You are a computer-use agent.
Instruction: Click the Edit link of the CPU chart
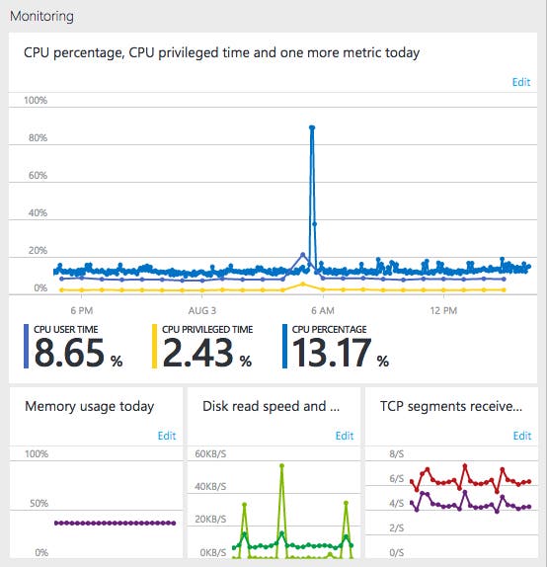pos(520,82)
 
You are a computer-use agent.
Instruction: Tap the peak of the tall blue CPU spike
pos(312,127)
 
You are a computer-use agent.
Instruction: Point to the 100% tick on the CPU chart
pos(36,101)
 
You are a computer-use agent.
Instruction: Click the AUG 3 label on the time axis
pos(201,310)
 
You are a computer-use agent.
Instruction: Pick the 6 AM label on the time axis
pos(323,310)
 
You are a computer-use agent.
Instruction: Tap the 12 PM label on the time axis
pos(444,310)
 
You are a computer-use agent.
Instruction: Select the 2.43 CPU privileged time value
pos(197,353)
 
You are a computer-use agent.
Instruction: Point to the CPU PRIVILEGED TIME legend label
pos(207,329)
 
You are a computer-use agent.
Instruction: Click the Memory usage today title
pos(89,406)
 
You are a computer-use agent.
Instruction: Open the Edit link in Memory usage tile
pos(167,436)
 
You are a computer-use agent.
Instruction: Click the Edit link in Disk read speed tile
pos(344,436)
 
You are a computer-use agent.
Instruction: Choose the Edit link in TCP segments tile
pos(520,436)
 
